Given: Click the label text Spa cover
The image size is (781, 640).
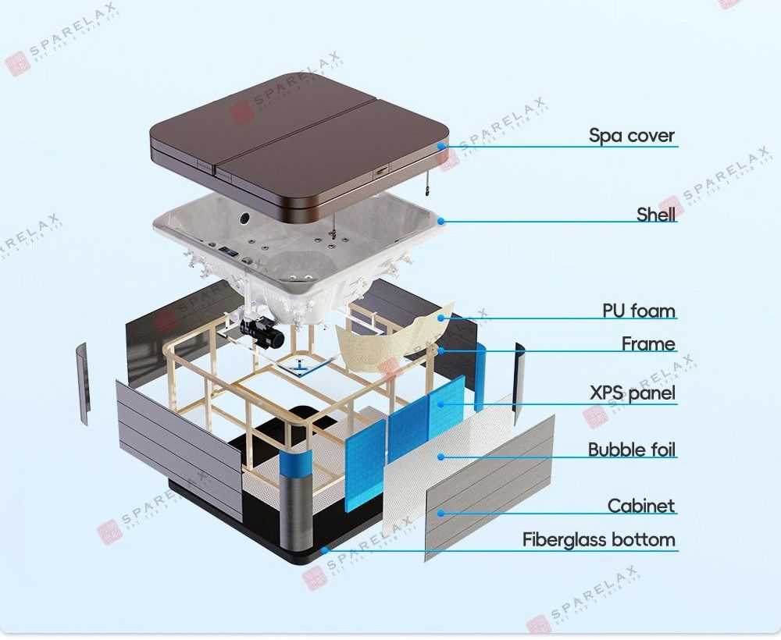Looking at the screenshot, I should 631,136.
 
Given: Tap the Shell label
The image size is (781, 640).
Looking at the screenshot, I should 655,215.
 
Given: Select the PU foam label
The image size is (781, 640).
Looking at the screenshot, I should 638,311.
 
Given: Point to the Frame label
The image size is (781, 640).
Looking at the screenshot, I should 647,343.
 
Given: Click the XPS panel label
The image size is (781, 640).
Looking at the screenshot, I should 632,393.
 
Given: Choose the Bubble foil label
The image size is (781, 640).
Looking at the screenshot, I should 631,450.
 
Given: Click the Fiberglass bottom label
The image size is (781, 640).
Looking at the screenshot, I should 598,539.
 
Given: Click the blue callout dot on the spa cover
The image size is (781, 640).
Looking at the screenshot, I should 441,146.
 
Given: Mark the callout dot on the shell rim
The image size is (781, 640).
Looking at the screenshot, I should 441,221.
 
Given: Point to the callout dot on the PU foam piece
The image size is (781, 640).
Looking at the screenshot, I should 441,318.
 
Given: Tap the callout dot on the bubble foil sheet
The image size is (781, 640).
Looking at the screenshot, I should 441,457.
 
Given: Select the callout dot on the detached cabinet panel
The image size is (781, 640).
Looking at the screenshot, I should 441,513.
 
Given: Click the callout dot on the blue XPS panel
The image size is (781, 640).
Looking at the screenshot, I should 441,404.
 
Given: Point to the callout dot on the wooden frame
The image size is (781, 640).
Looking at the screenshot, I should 441,350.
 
